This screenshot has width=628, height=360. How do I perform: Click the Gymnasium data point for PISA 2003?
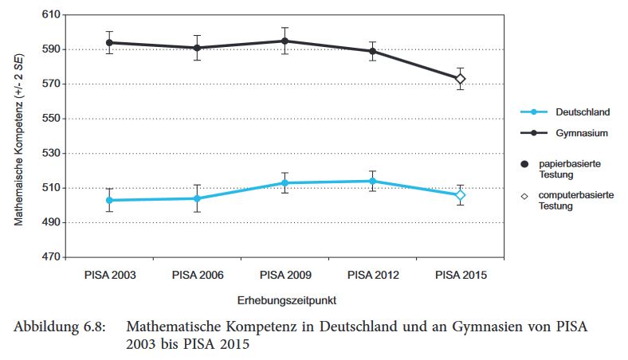[109, 43]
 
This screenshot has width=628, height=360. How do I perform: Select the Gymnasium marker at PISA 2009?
[285, 41]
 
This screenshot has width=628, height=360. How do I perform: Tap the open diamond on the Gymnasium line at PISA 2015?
[460, 79]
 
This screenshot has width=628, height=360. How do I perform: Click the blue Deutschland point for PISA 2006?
[197, 198]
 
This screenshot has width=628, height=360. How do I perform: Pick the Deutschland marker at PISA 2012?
[372, 181]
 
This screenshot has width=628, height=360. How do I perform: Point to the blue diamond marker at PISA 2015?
[460, 195]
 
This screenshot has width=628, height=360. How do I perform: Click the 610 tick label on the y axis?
[50, 14]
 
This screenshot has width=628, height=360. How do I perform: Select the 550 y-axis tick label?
[50, 119]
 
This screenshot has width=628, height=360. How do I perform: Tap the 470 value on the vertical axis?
[50, 257]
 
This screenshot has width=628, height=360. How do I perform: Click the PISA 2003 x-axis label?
[109, 275]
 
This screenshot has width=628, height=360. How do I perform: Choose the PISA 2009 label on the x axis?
[285, 275]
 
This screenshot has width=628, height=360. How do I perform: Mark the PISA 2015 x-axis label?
[460, 275]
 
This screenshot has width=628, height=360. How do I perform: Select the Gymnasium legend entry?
[563, 133]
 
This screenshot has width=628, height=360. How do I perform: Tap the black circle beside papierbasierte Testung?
[524, 162]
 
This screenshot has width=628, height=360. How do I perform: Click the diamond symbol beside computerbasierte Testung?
[524, 195]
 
